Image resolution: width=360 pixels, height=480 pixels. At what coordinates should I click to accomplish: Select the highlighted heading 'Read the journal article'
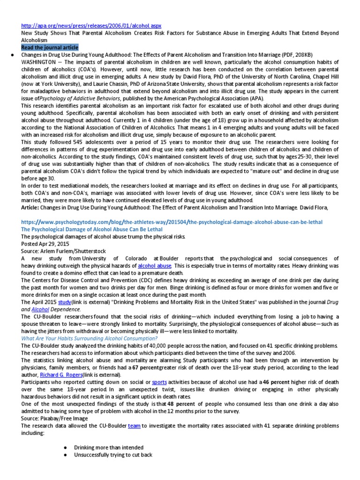click(x=50, y=47)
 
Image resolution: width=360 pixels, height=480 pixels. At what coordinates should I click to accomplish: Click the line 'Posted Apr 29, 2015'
click(x=45, y=244)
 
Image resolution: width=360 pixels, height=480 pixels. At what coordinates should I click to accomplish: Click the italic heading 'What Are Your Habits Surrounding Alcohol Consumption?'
click(x=89, y=338)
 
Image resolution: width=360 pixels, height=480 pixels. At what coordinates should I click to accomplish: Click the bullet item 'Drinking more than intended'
click(x=109, y=448)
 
